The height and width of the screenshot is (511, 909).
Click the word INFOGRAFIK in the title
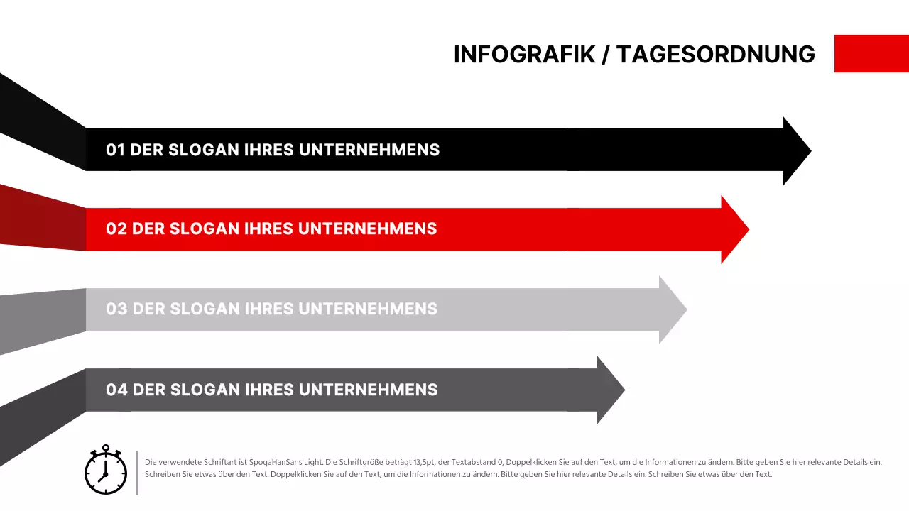[524, 55]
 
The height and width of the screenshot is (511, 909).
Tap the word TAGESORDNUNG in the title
[716, 55]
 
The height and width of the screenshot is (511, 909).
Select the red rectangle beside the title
[871, 53]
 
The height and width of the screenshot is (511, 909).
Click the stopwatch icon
[106, 471]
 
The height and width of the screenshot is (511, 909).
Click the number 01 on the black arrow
[115, 150]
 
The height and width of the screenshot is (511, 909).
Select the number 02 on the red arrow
[116, 229]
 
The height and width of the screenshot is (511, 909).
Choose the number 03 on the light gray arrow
[116, 309]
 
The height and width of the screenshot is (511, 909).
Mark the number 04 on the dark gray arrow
[116, 390]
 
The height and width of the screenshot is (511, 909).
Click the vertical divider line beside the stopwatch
[137, 473]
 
